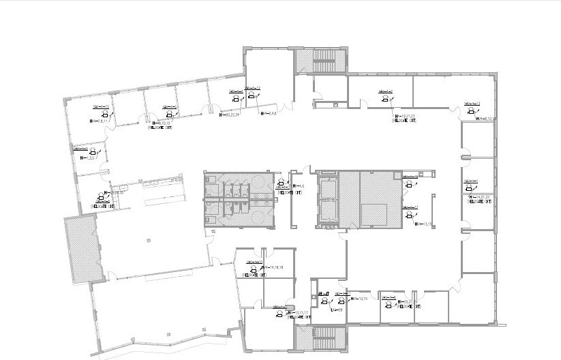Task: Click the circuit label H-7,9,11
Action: coord(100,121)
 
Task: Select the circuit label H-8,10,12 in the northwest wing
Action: coord(161,123)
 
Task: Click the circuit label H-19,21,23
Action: coord(405,117)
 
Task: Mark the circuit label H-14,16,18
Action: coord(276,267)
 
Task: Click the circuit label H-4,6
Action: coord(298,186)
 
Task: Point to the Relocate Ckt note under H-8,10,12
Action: coord(160,127)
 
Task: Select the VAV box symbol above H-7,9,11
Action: coord(105,115)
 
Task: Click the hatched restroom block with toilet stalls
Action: coord(238,198)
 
